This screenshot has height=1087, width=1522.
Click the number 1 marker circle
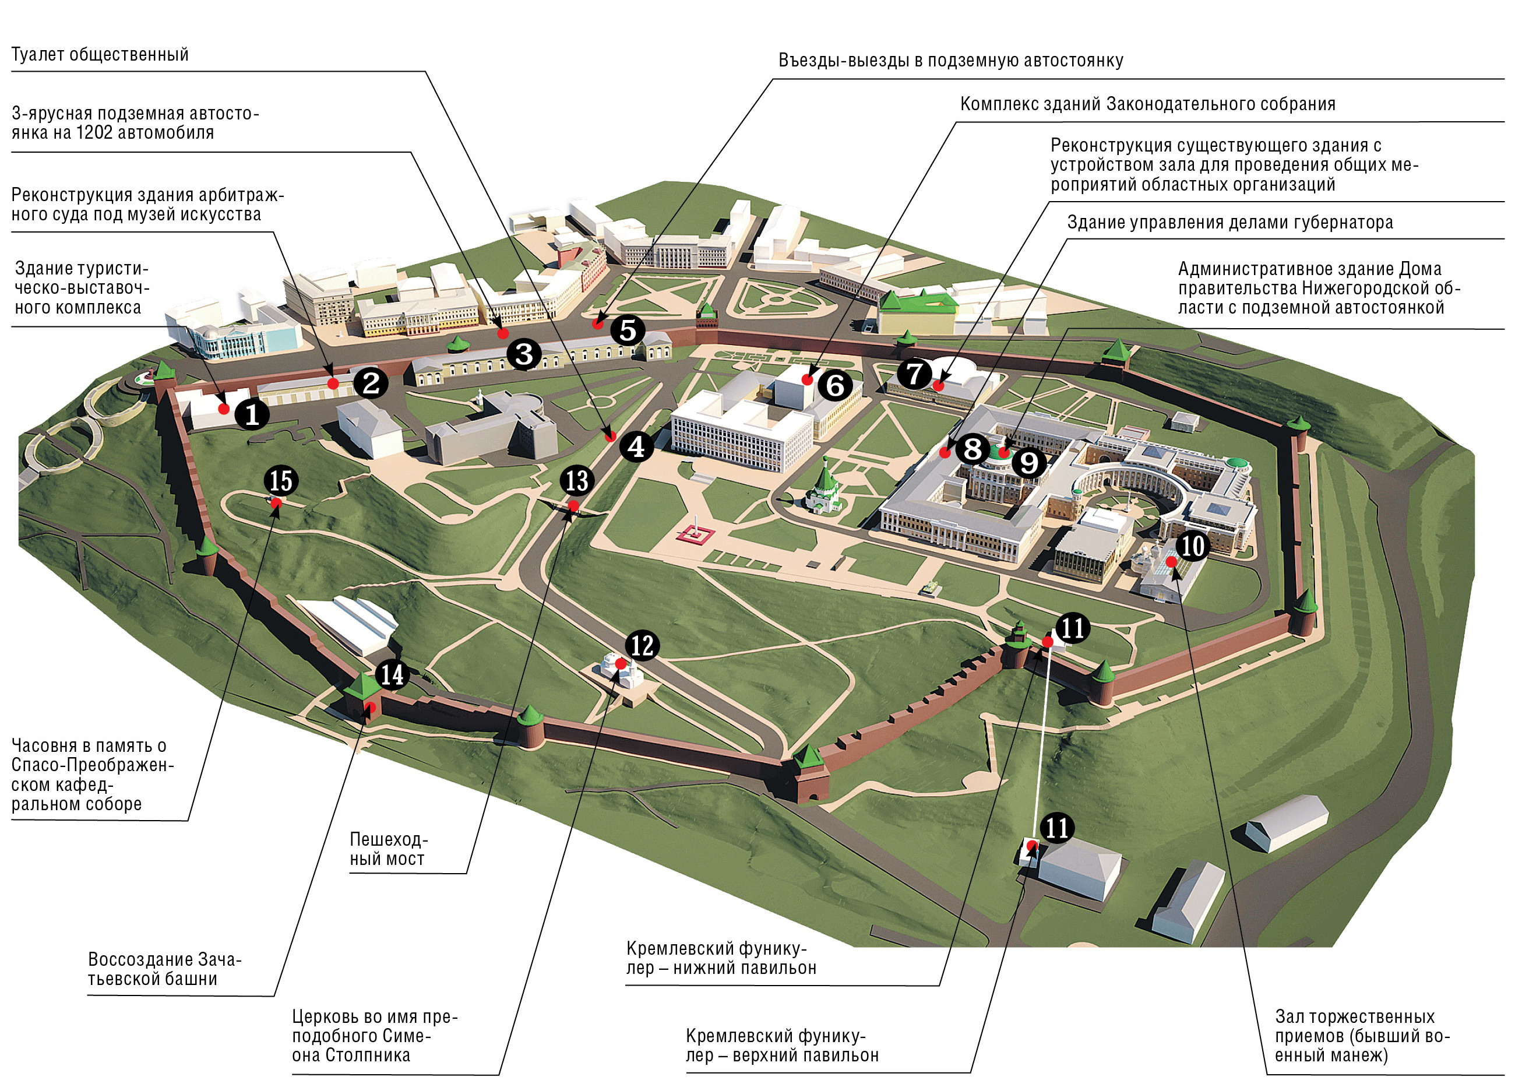252,414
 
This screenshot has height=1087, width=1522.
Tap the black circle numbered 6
835,385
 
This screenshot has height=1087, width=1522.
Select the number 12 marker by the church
642,645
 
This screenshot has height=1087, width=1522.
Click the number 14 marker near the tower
392,674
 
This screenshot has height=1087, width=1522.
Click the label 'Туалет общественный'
100,55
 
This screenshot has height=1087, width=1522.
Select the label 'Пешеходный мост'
387,849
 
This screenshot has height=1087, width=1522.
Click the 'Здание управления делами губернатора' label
1229,222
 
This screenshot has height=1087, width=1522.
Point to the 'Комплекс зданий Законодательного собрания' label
1147,104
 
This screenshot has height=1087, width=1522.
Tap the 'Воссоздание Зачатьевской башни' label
164,969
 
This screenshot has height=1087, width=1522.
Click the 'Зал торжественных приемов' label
1361,1036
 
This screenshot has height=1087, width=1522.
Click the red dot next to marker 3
502,333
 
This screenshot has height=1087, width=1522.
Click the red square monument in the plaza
696,534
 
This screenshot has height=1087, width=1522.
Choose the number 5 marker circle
627,329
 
